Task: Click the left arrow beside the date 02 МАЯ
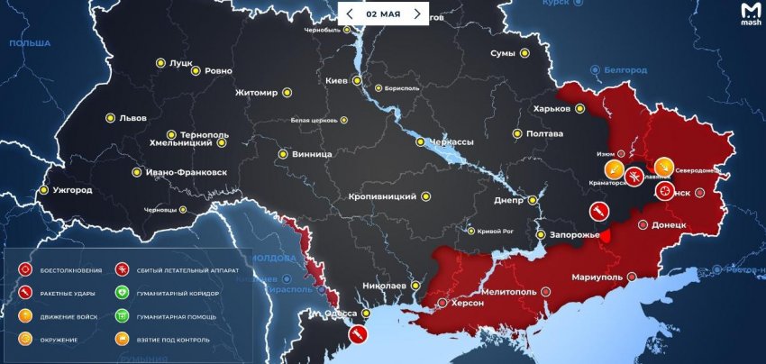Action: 350,14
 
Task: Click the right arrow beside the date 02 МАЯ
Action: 416,14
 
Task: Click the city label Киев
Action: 336,81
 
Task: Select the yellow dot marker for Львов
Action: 110,118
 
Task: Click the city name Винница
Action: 312,154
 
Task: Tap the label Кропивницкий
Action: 382,196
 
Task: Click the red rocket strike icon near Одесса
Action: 358,334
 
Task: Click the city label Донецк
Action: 669,224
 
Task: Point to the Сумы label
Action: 502,54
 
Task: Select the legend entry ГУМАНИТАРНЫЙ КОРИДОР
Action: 173,293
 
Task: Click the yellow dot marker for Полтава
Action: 517,133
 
